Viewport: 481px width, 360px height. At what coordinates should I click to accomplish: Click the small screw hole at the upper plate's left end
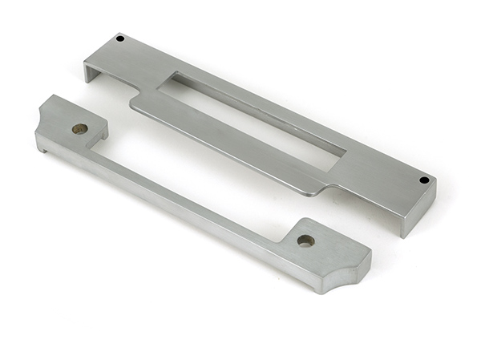point(120,38)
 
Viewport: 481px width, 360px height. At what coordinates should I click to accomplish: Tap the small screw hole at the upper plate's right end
point(423,180)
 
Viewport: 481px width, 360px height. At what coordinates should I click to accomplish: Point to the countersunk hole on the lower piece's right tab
point(305,240)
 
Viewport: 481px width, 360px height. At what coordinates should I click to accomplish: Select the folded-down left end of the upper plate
point(90,71)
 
